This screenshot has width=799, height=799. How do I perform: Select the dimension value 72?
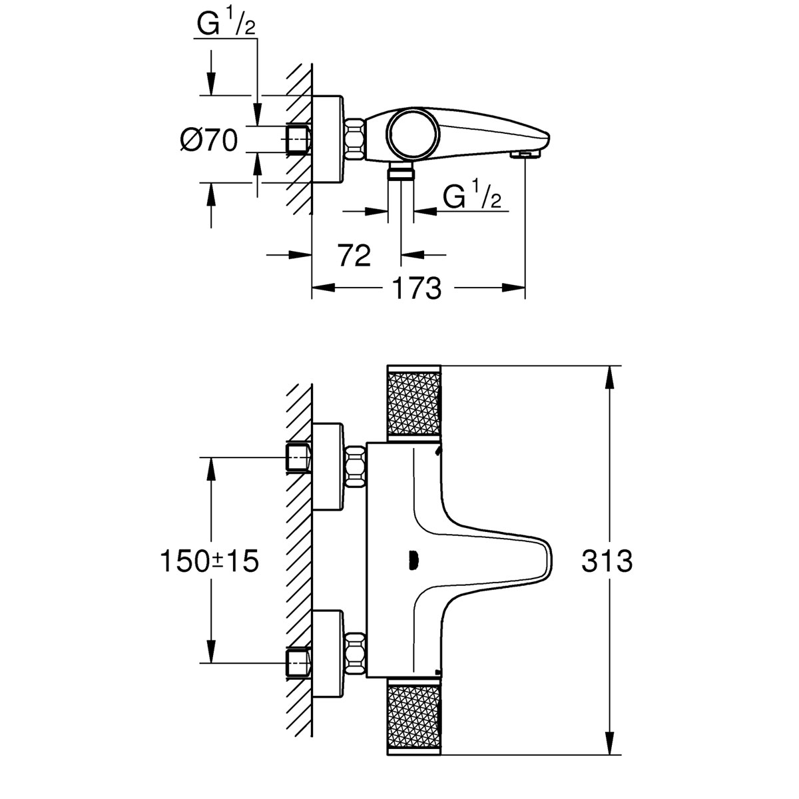coord(354,254)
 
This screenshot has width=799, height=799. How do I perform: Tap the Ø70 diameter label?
coord(208,140)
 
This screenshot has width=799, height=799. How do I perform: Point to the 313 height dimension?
coord(607,561)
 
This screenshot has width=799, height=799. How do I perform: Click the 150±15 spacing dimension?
coord(208,561)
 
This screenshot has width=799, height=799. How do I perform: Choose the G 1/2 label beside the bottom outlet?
coord(471,196)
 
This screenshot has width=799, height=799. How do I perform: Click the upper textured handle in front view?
coord(413,402)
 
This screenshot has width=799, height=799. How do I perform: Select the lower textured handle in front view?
coord(413,718)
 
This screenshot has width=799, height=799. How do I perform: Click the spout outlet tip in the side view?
coord(524,154)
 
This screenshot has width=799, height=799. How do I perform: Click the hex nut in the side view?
coord(355,139)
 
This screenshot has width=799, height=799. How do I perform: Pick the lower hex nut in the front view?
coord(356,654)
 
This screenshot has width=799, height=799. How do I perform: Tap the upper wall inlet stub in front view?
coord(298,457)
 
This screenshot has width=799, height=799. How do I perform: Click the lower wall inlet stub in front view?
coord(298,662)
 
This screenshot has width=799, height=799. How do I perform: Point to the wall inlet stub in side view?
coord(298,139)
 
